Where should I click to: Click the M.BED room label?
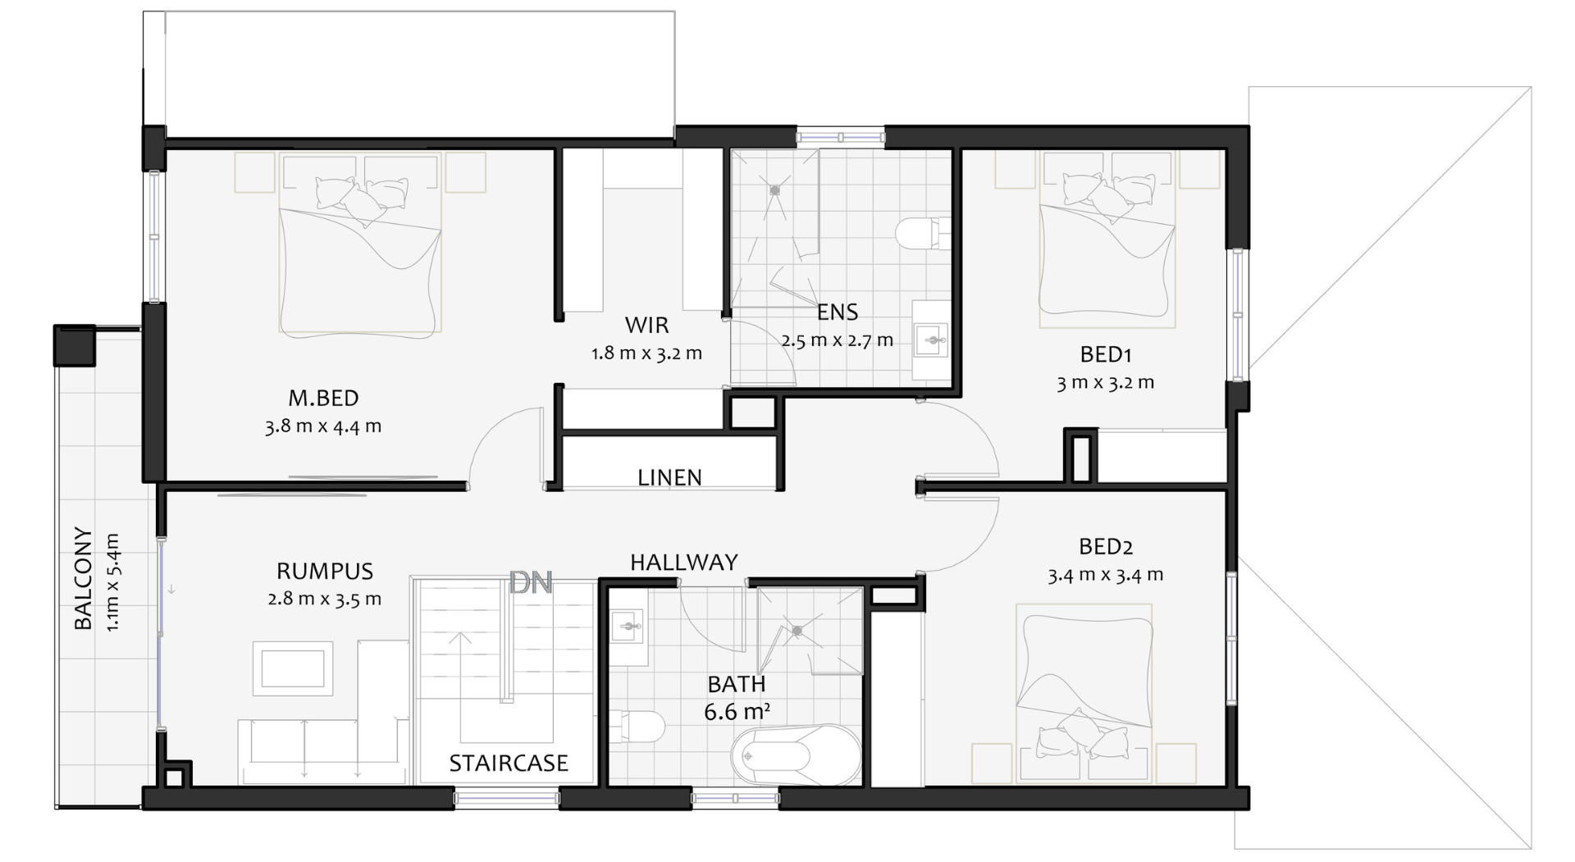[x=323, y=399]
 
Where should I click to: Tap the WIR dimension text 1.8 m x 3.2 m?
[x=646, y=353]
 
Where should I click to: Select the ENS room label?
[x=838, y=312]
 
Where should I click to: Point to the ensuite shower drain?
[x=774, y=190]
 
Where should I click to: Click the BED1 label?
[x=1106, y=354]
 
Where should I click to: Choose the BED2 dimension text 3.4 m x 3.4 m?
[x=1105, y=575]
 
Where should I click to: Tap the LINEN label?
[x=669, y=477]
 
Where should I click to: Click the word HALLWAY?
[x=684, y=562]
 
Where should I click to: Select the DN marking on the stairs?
[x=531, y=583]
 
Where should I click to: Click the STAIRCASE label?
[x=509, y=763]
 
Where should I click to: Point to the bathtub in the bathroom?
[x=797, y=755]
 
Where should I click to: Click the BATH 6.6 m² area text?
[x=737, y=697]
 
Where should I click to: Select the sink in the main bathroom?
[x=629, y=627]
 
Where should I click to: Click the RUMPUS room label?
[x=325, y=571]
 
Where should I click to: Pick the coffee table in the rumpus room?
[x=293, y=668]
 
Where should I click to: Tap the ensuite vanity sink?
[x=931, y=339]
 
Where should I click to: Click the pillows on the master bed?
[x=362, y=200]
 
